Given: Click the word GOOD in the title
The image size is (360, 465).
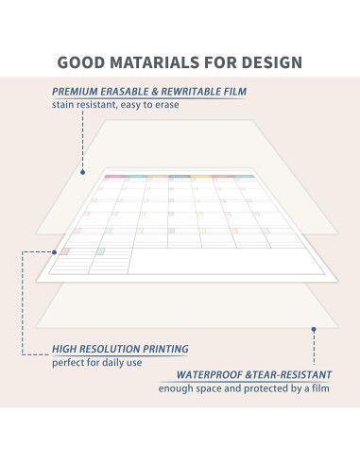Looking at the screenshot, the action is tap(81, 62).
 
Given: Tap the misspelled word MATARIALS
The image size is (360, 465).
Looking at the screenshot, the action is tap(154, 62).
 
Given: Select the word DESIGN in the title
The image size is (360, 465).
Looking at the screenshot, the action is tap(272, 62).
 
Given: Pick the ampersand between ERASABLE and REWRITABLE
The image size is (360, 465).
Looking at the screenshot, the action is tap(154, 92).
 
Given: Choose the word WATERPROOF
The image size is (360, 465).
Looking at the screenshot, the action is tap(209, 375).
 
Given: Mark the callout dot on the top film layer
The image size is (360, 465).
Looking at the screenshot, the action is tap(82, 172).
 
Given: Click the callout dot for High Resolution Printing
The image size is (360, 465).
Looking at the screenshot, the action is tap(54, 252).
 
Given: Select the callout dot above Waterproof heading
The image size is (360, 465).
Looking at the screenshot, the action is tap(314, 329).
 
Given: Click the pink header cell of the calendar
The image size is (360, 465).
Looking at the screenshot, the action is tap(115, 177).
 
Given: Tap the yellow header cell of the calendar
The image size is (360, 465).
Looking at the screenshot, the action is tap(200, 177).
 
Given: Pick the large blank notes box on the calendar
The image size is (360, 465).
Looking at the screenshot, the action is tap(226, 261).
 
